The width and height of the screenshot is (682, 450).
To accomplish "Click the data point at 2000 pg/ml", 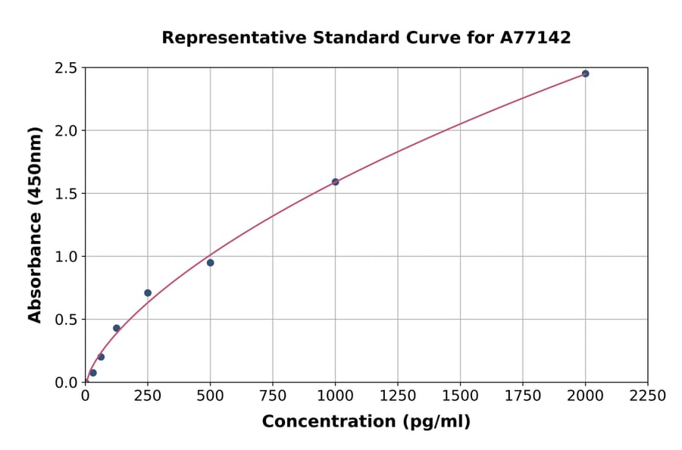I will point(585,73).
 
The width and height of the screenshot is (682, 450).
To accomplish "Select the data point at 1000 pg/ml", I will point(335,182).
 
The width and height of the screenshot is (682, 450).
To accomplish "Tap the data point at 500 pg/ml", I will point(210,263).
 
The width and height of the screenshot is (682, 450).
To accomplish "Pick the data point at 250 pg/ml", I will point(148,293).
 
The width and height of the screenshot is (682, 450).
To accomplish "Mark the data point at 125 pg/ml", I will point(117,328).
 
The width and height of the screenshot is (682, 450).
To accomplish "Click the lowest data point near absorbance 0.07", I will point(93,373).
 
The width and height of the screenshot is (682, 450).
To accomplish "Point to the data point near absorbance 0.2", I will point(101,357).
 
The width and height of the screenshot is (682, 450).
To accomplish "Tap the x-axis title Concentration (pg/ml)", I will point(366,422).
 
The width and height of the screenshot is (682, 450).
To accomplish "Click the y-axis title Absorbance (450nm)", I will point(35,225).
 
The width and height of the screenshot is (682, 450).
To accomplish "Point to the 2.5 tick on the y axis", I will point(66,68).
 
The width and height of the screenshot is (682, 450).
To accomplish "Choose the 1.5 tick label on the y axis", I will point(66,194).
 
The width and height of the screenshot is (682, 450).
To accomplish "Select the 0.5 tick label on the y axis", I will point(66,320).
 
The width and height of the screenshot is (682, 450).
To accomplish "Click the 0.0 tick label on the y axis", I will point(66,383).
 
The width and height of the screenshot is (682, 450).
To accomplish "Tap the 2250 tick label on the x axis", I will point(648,396).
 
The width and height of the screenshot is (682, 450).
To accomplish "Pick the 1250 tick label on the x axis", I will point(398,396).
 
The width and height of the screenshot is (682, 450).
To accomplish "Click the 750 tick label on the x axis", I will point(273,396).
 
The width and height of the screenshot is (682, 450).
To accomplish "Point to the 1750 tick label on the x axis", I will point(523,396).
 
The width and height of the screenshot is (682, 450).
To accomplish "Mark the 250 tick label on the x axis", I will point(148,396).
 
